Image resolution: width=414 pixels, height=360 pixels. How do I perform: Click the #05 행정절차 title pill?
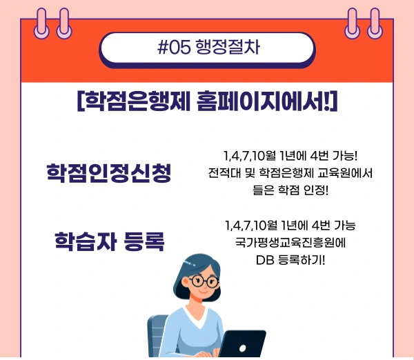coord(207,48)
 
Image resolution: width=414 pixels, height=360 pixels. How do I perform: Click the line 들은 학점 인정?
coord(290,190)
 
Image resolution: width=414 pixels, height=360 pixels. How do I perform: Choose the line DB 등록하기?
coord(290,260)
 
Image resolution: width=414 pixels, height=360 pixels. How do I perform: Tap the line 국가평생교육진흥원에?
coord(290,243)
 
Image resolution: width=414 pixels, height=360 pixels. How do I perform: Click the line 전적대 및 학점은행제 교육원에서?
coord(290,172)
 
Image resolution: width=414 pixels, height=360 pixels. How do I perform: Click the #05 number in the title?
coord(173,48)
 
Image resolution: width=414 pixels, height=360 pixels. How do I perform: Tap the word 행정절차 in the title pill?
coord(227,48)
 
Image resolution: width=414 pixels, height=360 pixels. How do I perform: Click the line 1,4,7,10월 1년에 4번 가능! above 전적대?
coord(290,155)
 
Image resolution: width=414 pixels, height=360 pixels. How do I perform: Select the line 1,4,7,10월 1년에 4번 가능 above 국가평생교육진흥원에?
coord(290,226)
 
